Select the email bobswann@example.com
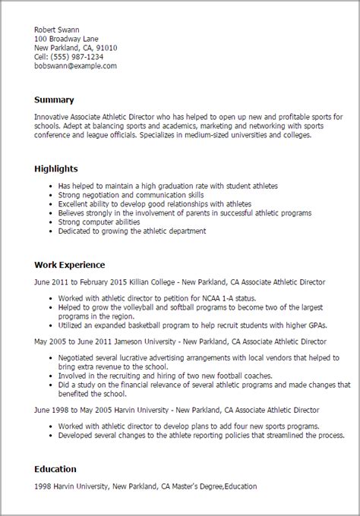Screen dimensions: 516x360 pyautogui.click(x=75, y=67)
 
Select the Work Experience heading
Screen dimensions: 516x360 pyautogui.click(x=70, y=265)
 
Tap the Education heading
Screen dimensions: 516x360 pyautogui.click(x=56, y=470)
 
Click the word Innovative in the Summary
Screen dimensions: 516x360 pyautogui.click(x=52, y=117)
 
